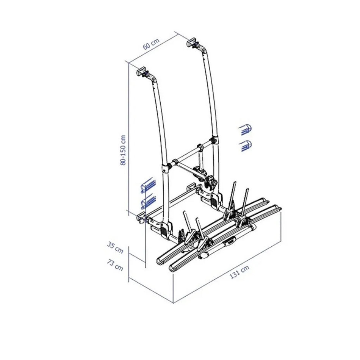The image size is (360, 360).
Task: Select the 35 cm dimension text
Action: pos(115,247)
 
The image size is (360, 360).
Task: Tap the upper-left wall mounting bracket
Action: pos(141,72)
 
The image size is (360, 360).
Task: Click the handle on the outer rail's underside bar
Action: pos(230,241)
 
